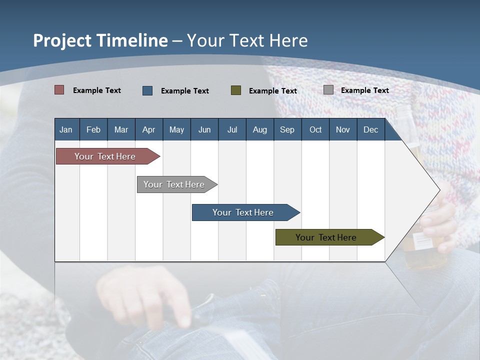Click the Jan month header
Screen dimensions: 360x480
tap(66, 129)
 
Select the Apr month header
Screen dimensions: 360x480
tap(148, 129)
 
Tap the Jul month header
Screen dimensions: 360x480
tap(232, 129)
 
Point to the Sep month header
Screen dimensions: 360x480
tap(287, 129)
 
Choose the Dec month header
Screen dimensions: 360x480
tap(370, 129)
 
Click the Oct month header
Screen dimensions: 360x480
tap(315, 129)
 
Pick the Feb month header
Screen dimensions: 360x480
tap(93, 129)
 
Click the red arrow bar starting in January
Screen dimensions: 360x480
tap(105, 156)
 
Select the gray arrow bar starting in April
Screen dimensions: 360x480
tap(174, 184)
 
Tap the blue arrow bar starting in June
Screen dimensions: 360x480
tap(243, 212)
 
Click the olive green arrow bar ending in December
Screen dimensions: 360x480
tap(326, 237)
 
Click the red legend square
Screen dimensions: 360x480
tap(59, 90)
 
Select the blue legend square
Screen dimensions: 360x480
tap(147, 90)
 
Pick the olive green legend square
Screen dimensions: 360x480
tap(236, 90)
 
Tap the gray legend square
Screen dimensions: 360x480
tap(328, 90)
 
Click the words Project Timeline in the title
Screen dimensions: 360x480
tap(100, 40)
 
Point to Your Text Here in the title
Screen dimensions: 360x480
tap(247, 40)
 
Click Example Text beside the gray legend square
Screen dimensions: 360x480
tap(364, 90)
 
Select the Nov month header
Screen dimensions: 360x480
tap(343, 129)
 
